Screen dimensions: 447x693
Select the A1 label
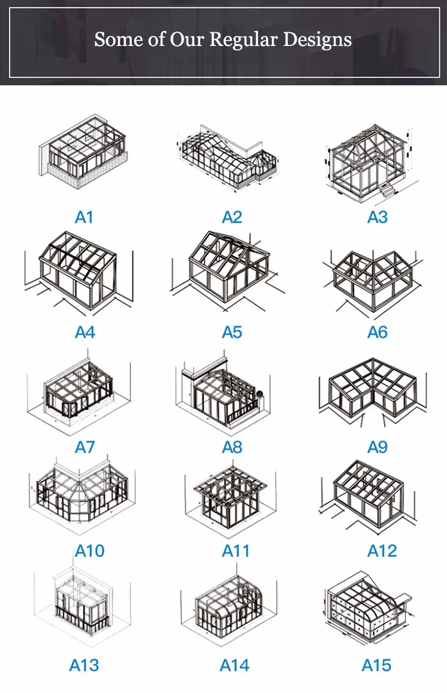[84, 217]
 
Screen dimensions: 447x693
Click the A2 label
[232, 217]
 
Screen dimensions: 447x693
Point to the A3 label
[377, 217]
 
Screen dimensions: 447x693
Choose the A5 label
[232, 332]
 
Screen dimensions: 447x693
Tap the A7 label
[84, 446]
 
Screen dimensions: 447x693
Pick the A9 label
[377, 446]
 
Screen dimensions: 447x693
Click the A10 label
[89, 550]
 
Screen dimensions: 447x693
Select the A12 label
[382, 550]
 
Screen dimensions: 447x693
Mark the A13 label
[84, 665]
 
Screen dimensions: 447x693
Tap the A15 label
[377, 665]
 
